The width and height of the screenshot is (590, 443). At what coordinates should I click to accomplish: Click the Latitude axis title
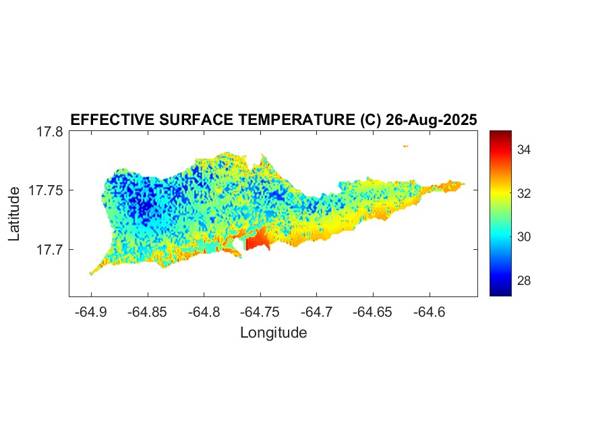point(14,214)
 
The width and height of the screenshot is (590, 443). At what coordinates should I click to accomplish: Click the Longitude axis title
point(273,333)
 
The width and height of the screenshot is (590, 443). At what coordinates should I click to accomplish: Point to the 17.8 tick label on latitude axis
point(50,132)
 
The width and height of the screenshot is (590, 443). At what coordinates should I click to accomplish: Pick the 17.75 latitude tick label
point(46,191)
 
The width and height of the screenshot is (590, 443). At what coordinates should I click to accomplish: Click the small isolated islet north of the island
point(406,146)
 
